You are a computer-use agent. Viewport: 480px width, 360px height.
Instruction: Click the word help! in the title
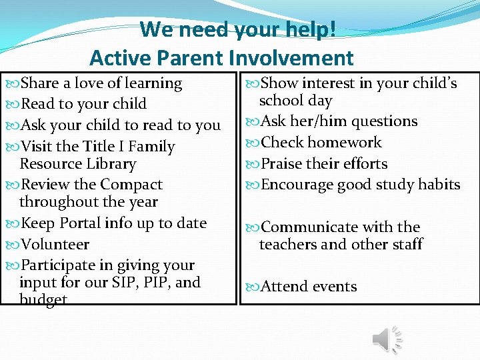(x=311, y=30)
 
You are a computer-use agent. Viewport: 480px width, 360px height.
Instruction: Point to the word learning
(x=153, y=83)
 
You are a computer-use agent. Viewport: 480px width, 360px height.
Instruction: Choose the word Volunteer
(x=55, y=245)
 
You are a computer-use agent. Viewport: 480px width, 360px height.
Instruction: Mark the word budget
(x=43, y=299)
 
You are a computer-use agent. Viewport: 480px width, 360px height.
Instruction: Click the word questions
(x=384, y=121)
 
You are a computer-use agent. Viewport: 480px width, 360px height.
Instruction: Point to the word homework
(x=345, y=143)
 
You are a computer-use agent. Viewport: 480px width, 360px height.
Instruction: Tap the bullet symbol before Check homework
(x=252, y=143)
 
